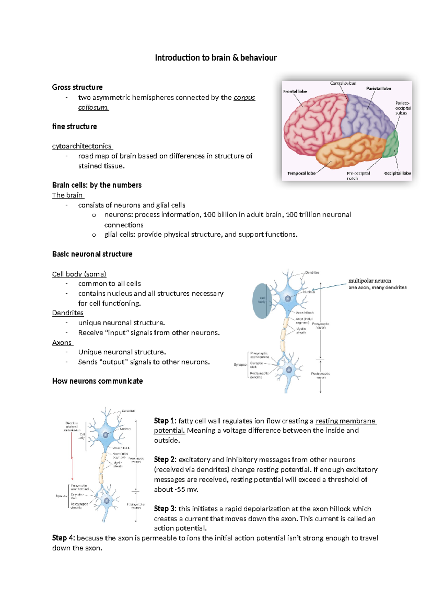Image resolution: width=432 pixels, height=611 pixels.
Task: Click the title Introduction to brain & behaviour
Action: [x=216, y=58]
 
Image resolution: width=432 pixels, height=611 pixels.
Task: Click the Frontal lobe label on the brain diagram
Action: [x=295, y=92]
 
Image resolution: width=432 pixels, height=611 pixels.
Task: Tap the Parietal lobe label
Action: [x=378, y=88]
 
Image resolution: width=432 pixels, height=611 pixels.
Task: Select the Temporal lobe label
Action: [x=301, y=173]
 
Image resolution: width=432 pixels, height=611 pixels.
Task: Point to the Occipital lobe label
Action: [x=397, y=173]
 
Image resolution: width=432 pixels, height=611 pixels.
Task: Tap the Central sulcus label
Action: [x=343, y=83]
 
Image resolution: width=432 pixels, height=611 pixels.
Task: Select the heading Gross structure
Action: [x=77, y=87]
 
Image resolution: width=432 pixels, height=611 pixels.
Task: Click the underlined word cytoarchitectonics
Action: [x=82, y=146]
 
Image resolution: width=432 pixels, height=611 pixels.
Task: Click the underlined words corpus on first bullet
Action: [x=244, y=98]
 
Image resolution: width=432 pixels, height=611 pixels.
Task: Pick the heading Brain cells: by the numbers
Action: [x=96, y=185]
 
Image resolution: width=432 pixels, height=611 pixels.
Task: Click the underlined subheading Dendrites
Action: [x=68, y=313]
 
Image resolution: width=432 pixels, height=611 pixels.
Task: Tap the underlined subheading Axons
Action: [x=62, y=343]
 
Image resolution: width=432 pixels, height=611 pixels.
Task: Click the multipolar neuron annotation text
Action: [x=370, y=281]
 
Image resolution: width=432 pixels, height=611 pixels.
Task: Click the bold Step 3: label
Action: [x=165, y=509]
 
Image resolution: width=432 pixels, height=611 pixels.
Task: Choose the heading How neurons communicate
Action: [x=97, y=381]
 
